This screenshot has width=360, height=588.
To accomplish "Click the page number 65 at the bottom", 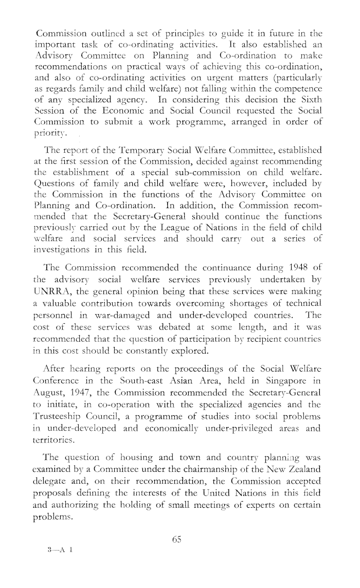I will [x=178, y=540].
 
